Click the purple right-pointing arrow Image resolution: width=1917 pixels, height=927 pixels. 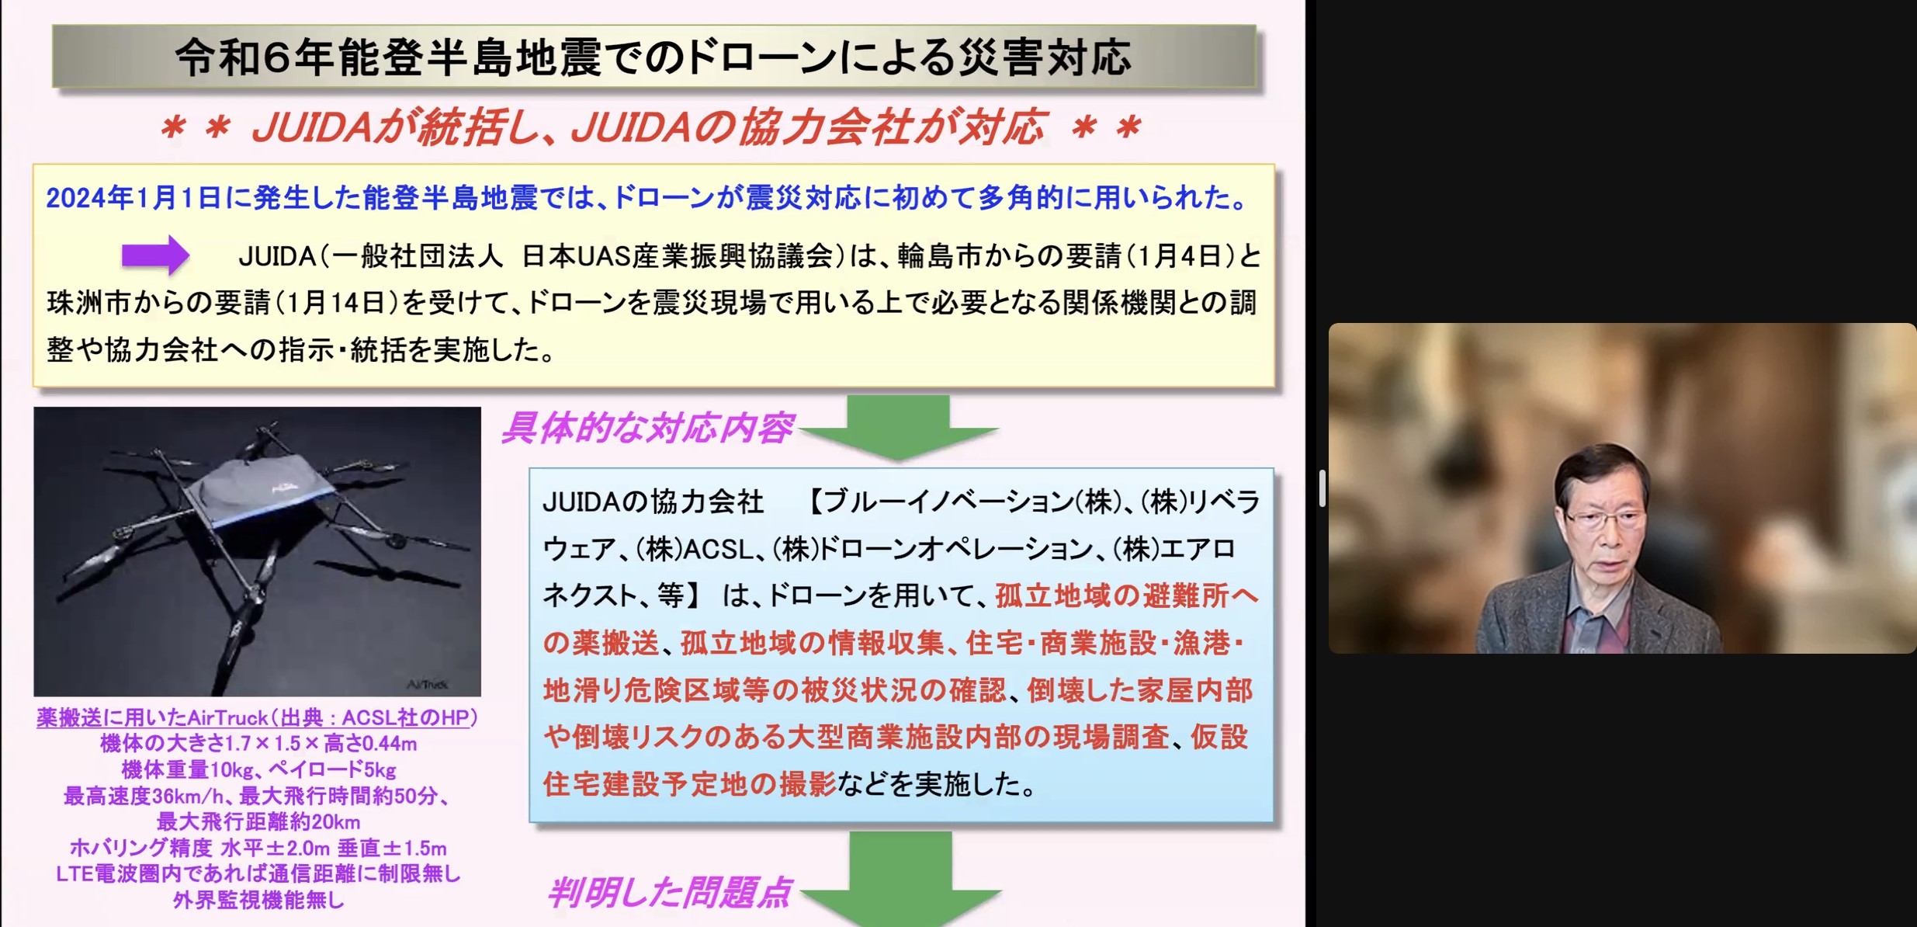pyautogui.click(x=155, y=255)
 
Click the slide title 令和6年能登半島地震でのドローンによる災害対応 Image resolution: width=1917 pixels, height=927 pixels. pyautogui.click(x=653, y=57)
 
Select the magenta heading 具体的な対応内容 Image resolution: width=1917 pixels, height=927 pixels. pyautogui.click(x=647, y=428)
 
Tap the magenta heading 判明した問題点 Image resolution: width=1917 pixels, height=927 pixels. pyautogui.click(x=669, y=892)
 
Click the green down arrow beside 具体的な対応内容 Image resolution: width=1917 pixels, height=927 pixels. pyautogui.click(x=898, y=427)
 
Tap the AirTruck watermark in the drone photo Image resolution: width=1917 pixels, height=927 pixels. pyautogui.click(x=428, y=684)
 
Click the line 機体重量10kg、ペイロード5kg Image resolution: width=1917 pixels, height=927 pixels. pyautogui.click(x=258, y=769)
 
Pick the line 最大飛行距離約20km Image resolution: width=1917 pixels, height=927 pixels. pyautogui.click(x=258, y=821)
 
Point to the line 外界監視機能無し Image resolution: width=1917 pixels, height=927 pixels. pyautogui.click(x=258, y=900)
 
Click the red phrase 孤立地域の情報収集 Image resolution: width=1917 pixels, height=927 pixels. pyautogui.click(x=812, y=643)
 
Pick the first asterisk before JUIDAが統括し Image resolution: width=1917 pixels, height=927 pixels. pyautogui.click(x=172, y=127)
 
